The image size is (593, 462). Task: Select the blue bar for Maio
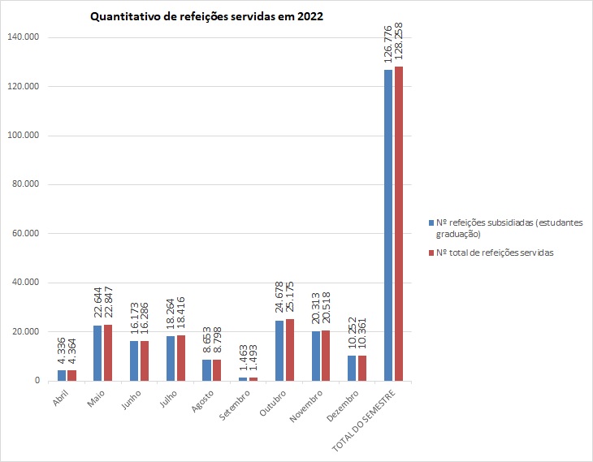pos(97,353)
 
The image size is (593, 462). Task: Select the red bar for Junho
pos(145,361)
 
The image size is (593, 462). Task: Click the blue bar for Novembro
pos(316,356)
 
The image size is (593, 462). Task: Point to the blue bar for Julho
pos(171,358)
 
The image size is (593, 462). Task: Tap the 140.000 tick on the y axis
pos(27,37)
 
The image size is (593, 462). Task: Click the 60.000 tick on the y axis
pos(29,234)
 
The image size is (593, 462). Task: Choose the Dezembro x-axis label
pos(342,403)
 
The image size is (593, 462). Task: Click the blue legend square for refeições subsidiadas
pos(431,222)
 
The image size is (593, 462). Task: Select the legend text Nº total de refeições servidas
pos(496,253)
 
